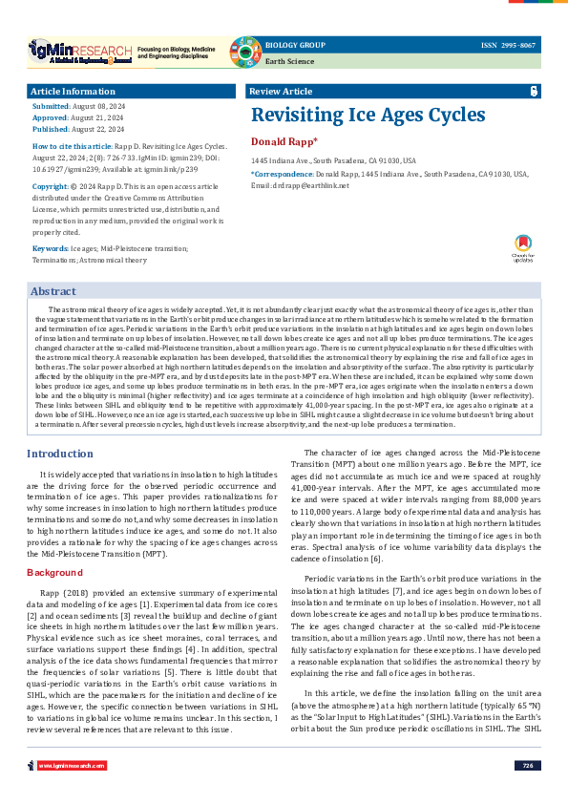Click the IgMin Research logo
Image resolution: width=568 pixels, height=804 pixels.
coord(80,50)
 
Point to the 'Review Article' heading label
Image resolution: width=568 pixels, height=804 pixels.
coord(280,92)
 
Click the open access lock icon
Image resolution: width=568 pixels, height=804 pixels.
coord(534,92)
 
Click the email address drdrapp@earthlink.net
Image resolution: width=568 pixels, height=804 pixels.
coord(311,185)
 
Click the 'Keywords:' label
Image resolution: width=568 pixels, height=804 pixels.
coord(49,248)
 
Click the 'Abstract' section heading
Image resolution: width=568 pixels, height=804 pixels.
coord(53,291)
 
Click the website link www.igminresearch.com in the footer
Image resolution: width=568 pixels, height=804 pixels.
coord(72,792)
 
